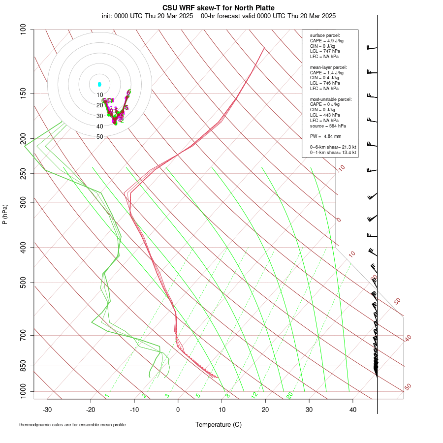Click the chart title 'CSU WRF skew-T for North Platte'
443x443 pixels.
pos(219,8)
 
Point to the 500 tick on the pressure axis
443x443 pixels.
pos(23,283)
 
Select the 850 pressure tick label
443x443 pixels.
pos(23,366)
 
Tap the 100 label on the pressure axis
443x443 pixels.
pos(23,30)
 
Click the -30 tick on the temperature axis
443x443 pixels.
pos(47,410)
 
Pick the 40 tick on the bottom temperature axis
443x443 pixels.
pos(352,410)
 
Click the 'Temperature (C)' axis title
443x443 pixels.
pos(218,424)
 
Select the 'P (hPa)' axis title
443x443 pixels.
pos(5,215)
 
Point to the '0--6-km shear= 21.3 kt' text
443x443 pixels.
pos(333,147)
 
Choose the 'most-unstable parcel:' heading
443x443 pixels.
pos(331,99)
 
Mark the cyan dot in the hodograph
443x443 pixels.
pos(99,84)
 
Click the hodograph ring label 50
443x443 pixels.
pos(100,137)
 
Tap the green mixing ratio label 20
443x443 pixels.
pos(290,395)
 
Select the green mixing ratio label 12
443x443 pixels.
pos(254,395)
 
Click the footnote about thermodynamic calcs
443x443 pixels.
pos(72,425)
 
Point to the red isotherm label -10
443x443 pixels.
pos(341,168)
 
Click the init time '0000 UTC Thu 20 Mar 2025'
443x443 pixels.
pos(147,16)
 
